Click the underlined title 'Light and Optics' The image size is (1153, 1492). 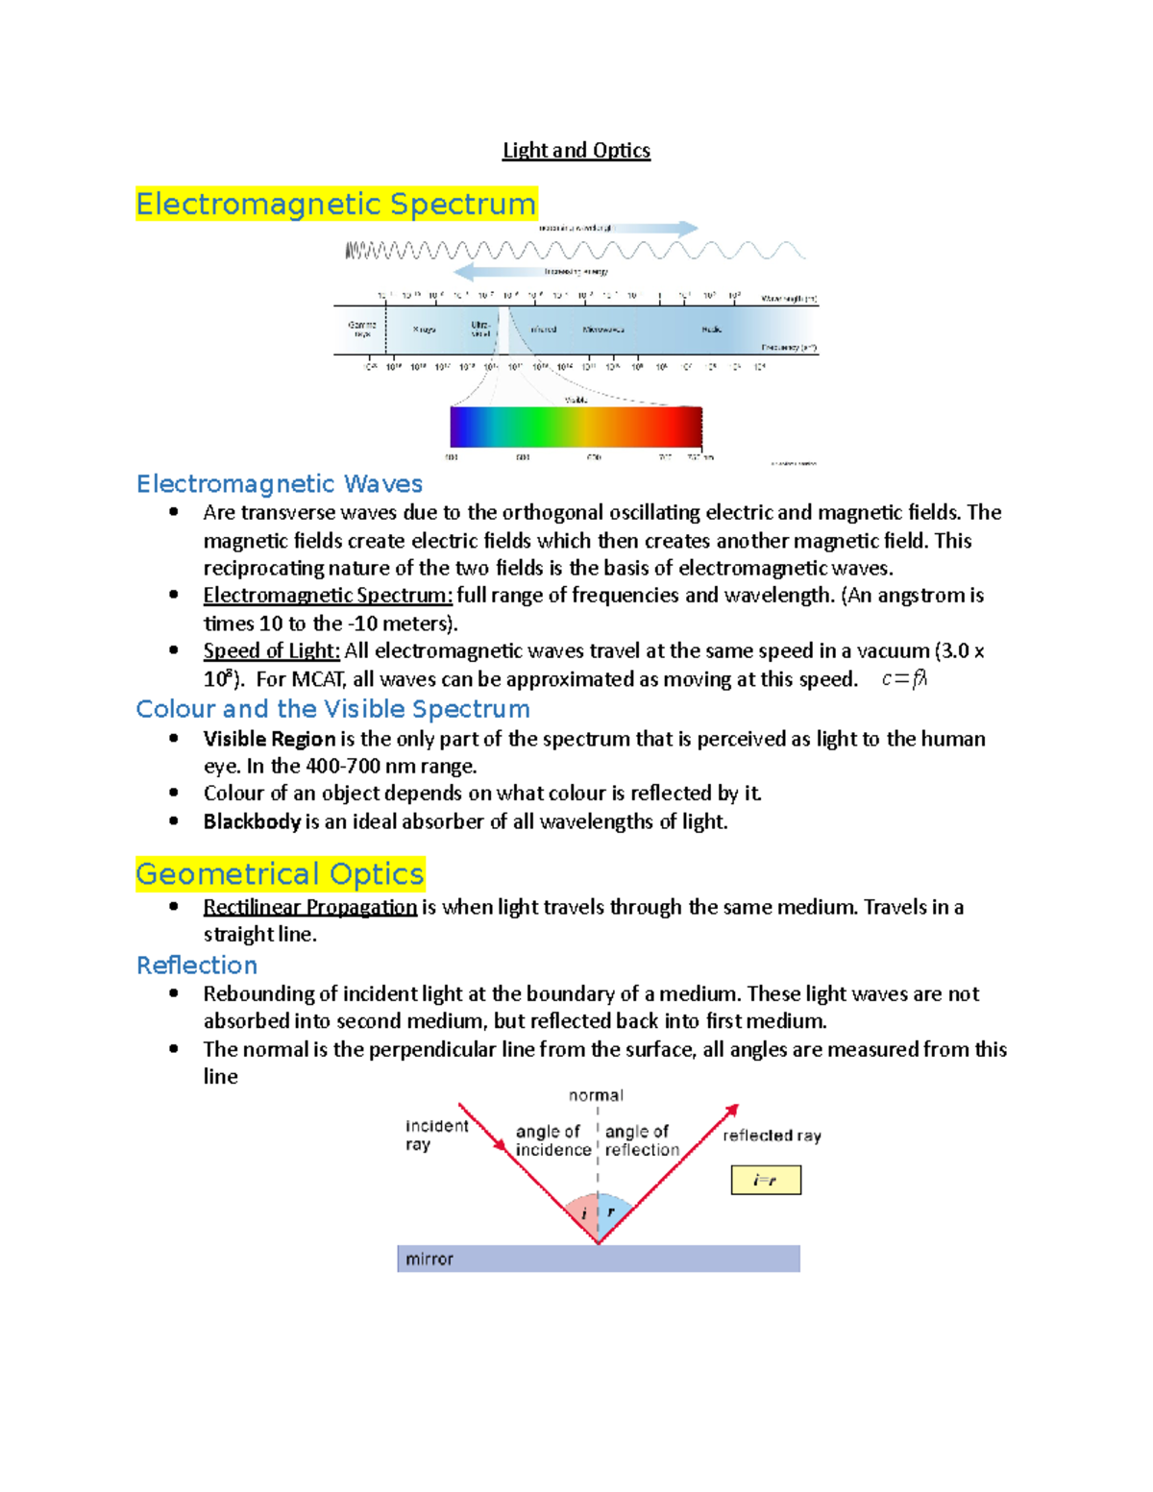pyautogui.click(x=576, y=151)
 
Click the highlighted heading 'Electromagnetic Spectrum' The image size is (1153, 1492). pyautogui.click(x=336, y=204)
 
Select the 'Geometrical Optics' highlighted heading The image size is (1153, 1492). pyautogui.click(x=280, y=874)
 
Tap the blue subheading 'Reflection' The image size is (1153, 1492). pyautogui.click(x=197, y=965)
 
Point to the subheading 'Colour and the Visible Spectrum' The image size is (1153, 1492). pyautogui.click(x=332, y=709)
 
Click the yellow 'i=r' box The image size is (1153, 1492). pyautogui.click(x=766, y=1180)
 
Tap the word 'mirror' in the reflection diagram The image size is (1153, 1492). pyautogui.click(x=429, y=1259)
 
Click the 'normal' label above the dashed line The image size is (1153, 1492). pyautogui.click(x=596, y=1095)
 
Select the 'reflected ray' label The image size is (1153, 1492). pyautogui.click(x=772, y=1136)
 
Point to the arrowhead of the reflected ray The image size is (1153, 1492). pyautogui.click(x=732, y=1111)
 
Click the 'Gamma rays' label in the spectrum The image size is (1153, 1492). pyautogui.click(x=362, y=330)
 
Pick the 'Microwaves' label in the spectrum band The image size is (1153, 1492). pyautogui.click(x=603, y=330)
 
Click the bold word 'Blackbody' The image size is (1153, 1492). pyautogui.click(x=252, y=821)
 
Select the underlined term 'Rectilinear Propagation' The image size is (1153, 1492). pyautogui.click(x=309, y=907)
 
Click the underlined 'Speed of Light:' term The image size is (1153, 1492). pyautogui.click(x=272, y=650)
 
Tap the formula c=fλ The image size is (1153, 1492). pyautogui.click(x=903, y=679)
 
